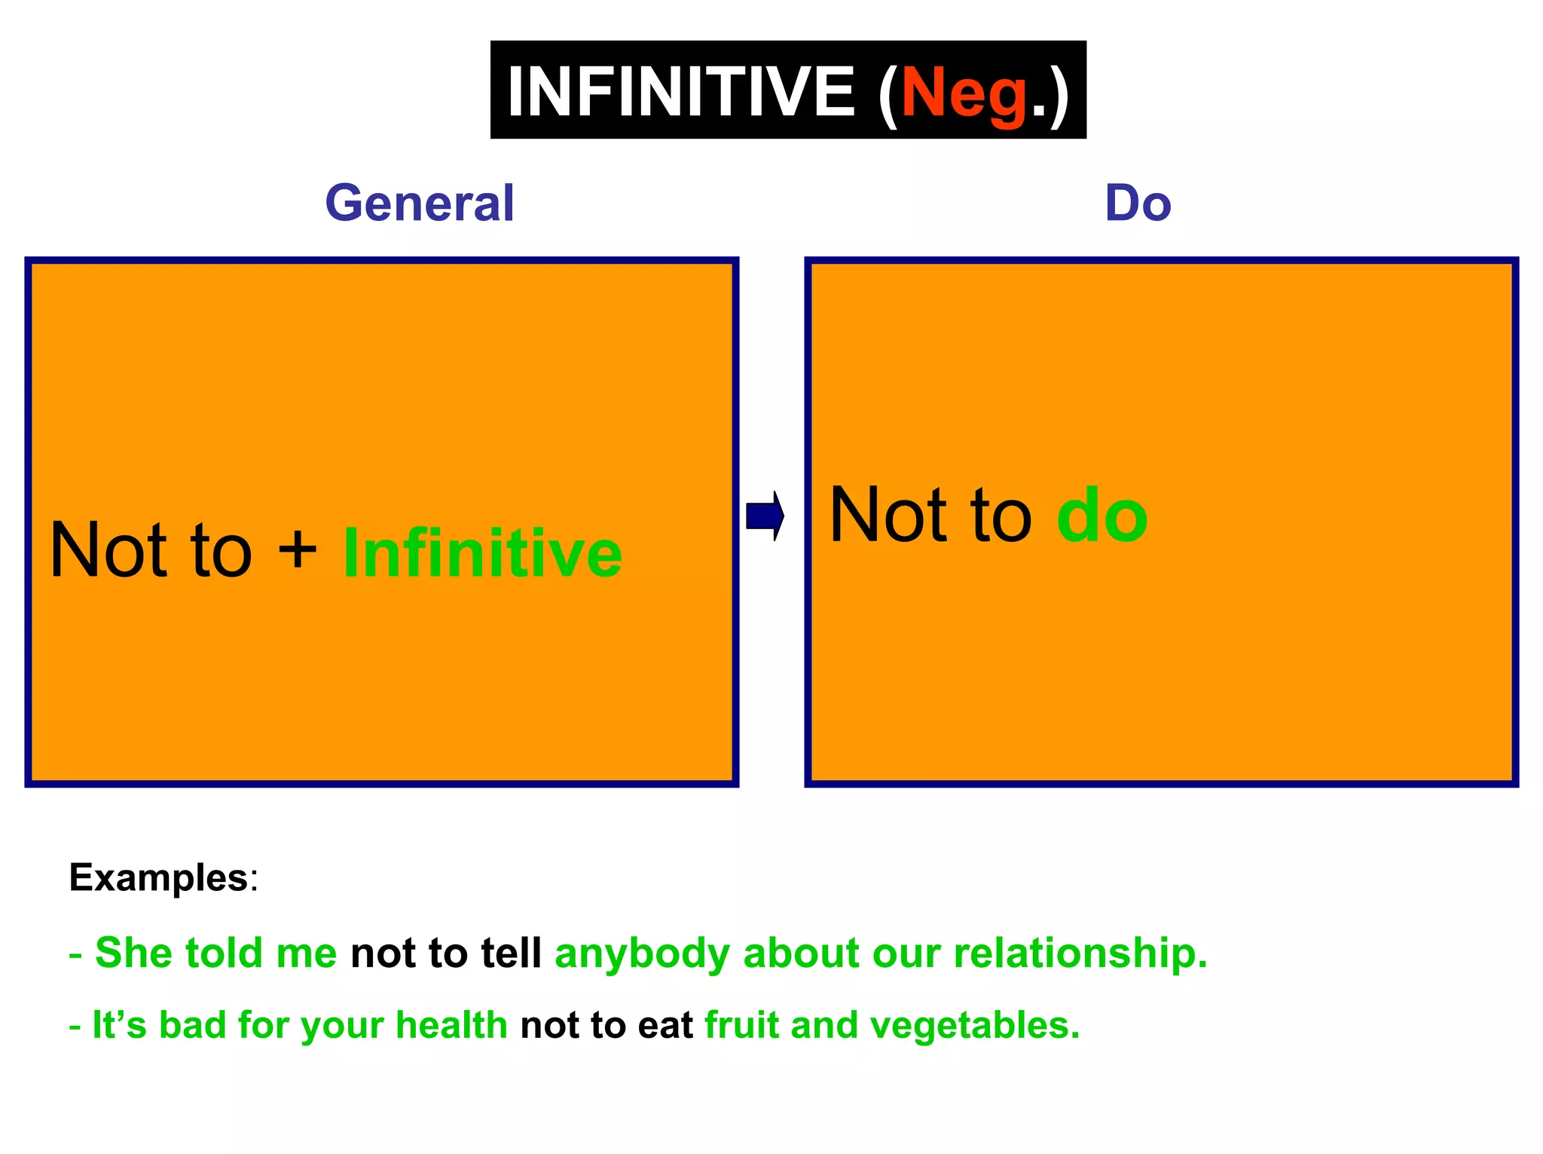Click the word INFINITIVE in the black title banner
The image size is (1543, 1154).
pyautogui.click(x=681, y=92)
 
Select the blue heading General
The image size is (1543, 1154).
pyautogui.click(x=420, y=204)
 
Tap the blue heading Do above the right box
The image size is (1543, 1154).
pyautogui.click(x=1138, y=204)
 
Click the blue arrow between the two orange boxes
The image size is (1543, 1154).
pyautogui.click(x=765, y=516)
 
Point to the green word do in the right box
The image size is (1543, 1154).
pyautogui.click(x=1101, y=517)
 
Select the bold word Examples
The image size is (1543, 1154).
pyautogui.click(x=158, y=878)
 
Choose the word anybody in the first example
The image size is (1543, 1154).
pyautogui.click(x=642, y=954)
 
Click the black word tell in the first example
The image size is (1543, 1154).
pyautogui.click(x=511, y=953)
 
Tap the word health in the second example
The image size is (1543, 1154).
pyautogui.click(x=451, y=1025)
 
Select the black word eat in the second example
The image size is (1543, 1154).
pyautogui.click(x=665, y=1026)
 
